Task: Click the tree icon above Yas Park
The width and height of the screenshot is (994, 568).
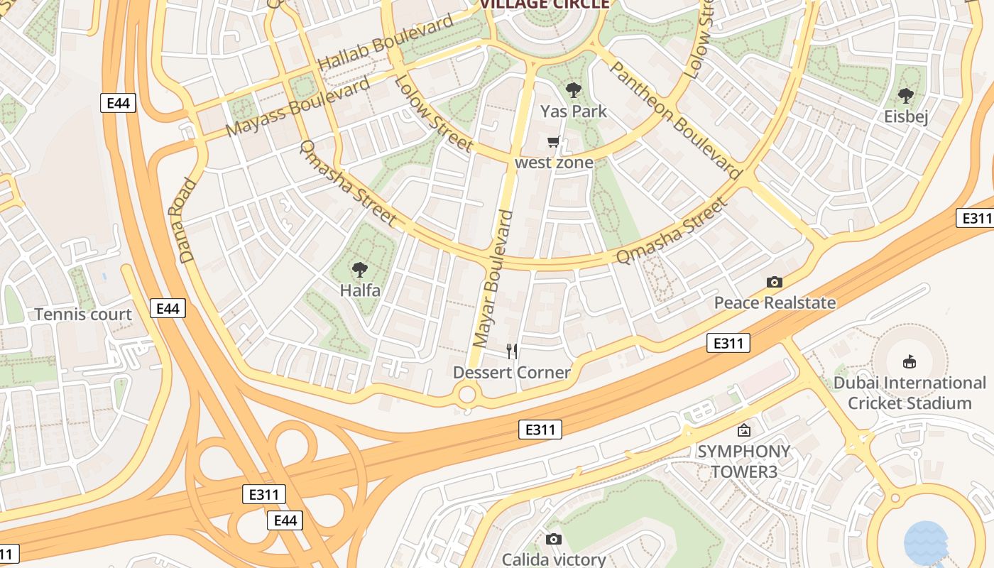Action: pos(574,90)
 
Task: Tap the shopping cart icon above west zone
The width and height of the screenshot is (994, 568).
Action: pos(554,142)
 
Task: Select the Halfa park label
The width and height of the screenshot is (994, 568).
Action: pos(360,290)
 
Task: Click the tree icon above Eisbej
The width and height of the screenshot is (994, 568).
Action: pos(905,95)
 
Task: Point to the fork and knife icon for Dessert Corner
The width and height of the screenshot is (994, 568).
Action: pos(512,351)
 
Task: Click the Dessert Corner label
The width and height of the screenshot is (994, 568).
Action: pos(512,373)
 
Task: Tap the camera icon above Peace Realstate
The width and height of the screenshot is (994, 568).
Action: pos(775,282)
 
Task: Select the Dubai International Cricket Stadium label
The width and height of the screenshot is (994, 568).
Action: pos(910,393)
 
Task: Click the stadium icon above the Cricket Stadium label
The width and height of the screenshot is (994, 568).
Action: pos(909,362)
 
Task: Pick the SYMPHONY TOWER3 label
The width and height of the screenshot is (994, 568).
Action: pos(743,461)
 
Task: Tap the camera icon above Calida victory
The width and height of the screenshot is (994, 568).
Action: pos(554,540)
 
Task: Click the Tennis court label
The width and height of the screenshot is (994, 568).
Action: pos(83,315)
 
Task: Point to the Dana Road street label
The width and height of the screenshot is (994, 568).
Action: pos(182,220)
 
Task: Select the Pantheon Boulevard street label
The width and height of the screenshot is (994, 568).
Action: pos(675,119)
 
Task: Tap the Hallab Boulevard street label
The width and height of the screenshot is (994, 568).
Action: pos(385,42)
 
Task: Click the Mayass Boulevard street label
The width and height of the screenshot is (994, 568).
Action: pos(298,106)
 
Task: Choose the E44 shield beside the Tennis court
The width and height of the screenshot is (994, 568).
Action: pos(168,308)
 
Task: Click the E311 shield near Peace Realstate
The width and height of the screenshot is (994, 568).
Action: pos(728,344)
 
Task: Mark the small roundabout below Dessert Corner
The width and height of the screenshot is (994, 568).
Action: pos(467,395)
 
